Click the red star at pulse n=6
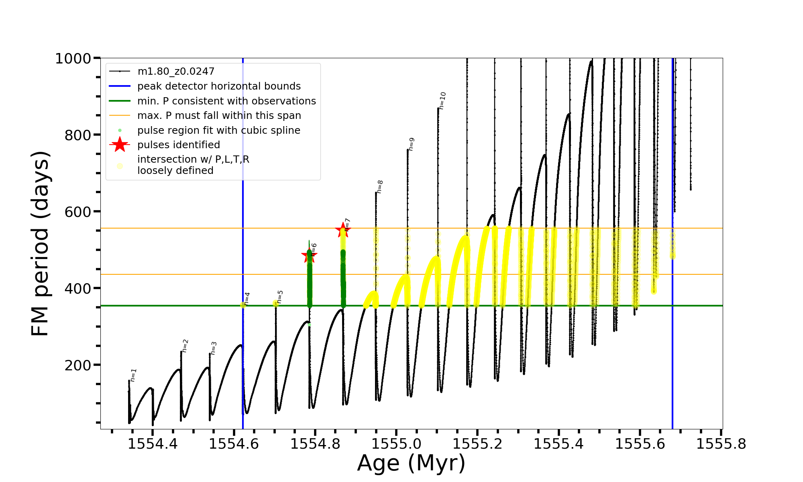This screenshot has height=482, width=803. click(x=309, y=255)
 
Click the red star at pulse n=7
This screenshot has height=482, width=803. click(x=343, y=230)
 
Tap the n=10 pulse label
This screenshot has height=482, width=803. click(x=442, y=101)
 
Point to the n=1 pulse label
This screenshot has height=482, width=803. click(x=134, y=375)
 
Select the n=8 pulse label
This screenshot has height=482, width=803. click(x=380, y=187)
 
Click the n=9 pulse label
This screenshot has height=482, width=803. click(x=411, y=144)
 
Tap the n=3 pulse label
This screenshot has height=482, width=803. click(x=214, y=348)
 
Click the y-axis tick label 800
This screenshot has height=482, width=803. click(x=78, y=135)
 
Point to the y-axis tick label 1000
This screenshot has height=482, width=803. click(x=73, y=59)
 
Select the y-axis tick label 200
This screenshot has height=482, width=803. click(x=78, y=366)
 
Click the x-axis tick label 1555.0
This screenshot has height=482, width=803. click(x=396, y=444)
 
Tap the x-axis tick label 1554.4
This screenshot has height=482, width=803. click(x=153, y=444)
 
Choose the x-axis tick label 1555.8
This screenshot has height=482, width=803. click(x=721, y=444)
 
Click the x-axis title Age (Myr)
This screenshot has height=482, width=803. click(x=411, y=463)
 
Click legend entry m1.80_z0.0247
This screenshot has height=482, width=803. click(x=176, y=71)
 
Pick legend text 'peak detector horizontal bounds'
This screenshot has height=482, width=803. click(x=219, y=86)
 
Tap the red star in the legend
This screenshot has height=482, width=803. click(x=120, y=145)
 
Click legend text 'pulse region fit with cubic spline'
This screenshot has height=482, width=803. click(x=219, y=131)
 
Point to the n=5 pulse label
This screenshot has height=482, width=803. click(x=280, y=296)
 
